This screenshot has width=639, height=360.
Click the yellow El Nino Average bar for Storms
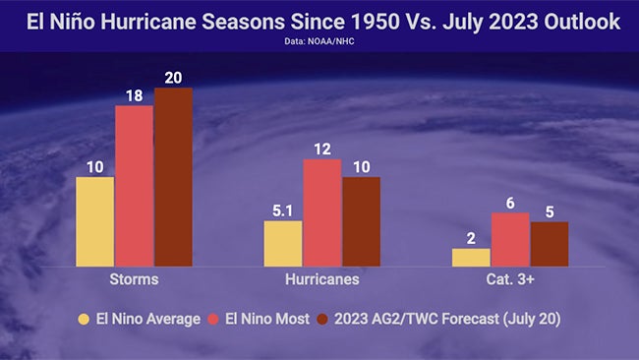coord(95,221)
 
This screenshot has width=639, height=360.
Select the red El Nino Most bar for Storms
coord(135,185)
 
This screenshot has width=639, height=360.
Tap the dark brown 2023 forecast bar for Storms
coord(173,177)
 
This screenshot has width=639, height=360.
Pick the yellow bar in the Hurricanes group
coord(283,243)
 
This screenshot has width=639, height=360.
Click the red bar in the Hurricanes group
coord(321,211)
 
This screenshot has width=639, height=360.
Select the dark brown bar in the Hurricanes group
coord(361,221)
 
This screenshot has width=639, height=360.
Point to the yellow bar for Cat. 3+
coord(471,257)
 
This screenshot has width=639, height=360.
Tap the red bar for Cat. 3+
coord(510,239)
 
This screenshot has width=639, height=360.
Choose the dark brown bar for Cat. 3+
coord(549,243)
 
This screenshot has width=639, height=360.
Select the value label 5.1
coord(283,210)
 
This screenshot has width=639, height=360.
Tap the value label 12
coord(321,149)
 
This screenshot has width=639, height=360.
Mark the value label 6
coord(510,202)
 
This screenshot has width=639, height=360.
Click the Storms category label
coord(135,279)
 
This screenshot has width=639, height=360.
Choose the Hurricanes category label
coord(321,279)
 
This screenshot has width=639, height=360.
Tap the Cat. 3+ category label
coord(510,279)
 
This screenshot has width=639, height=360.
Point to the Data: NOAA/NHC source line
coord(319,43)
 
